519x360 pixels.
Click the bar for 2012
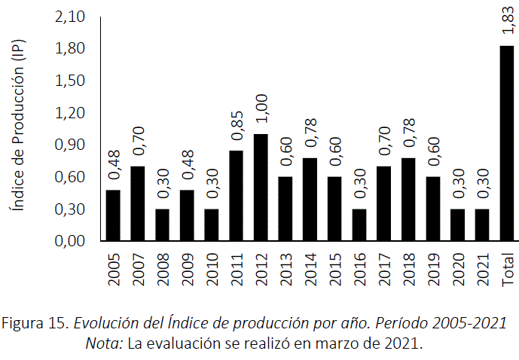261,188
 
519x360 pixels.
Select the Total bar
507,143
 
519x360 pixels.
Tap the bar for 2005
113,215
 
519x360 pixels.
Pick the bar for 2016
359,225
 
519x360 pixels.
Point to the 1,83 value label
507,22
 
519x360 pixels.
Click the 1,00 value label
261,109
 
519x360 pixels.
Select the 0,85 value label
237,126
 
